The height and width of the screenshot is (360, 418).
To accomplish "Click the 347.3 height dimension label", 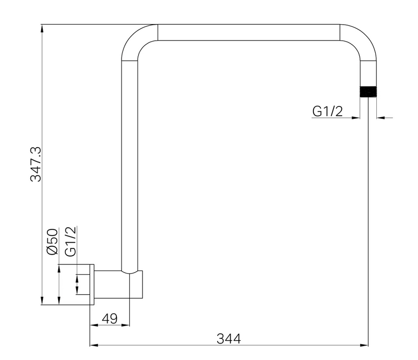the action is [36, 164].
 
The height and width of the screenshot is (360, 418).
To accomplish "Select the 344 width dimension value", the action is [229, 339].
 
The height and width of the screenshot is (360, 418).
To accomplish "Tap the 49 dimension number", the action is [110, 318].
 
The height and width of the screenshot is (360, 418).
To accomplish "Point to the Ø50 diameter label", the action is [53, 242].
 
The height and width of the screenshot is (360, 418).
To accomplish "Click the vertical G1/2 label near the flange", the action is [71, 241].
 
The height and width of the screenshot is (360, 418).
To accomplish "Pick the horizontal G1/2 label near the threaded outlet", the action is [327, 111].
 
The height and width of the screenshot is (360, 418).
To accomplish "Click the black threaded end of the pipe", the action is [368, 92].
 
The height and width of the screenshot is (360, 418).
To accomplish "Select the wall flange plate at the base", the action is [92, 284].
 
